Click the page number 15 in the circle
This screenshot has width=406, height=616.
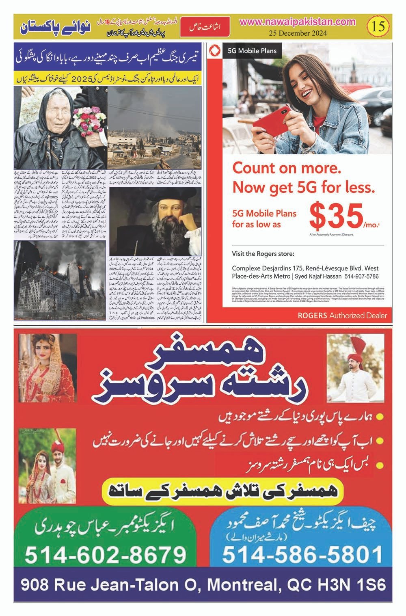click(x=377, y=27)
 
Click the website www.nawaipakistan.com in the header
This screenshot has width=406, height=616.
click(x=298, y=23)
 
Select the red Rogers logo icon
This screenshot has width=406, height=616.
click(x=214, y=51)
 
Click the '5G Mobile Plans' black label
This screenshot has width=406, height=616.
click(x=252, y=51)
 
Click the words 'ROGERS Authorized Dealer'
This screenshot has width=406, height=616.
click(x=342, y=316)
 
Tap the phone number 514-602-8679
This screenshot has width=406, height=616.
click(x=105, y=555)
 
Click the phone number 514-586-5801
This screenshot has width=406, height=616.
click(x=302, y=555)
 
